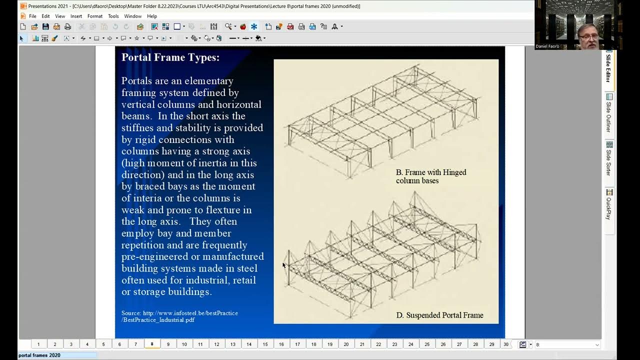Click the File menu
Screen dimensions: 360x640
(32, 16)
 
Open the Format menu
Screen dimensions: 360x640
(94, 16)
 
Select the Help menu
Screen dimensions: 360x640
(152, 16)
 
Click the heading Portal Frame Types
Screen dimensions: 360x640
(170, 57)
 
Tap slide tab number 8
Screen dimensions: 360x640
(152, 344)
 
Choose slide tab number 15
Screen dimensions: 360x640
(265, 344)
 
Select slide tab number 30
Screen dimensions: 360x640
(506, 344)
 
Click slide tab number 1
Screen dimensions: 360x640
(38, 344)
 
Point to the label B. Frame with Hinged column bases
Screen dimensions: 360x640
(430, 176)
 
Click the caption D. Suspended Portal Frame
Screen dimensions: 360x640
(439, 315)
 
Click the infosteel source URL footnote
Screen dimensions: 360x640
(179, 316)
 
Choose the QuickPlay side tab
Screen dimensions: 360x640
(609, 204)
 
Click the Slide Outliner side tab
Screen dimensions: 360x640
(609, 113)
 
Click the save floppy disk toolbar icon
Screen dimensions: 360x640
(45, 26)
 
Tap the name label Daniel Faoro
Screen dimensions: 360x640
(547, 46)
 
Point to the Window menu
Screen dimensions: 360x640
(132, 16)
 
